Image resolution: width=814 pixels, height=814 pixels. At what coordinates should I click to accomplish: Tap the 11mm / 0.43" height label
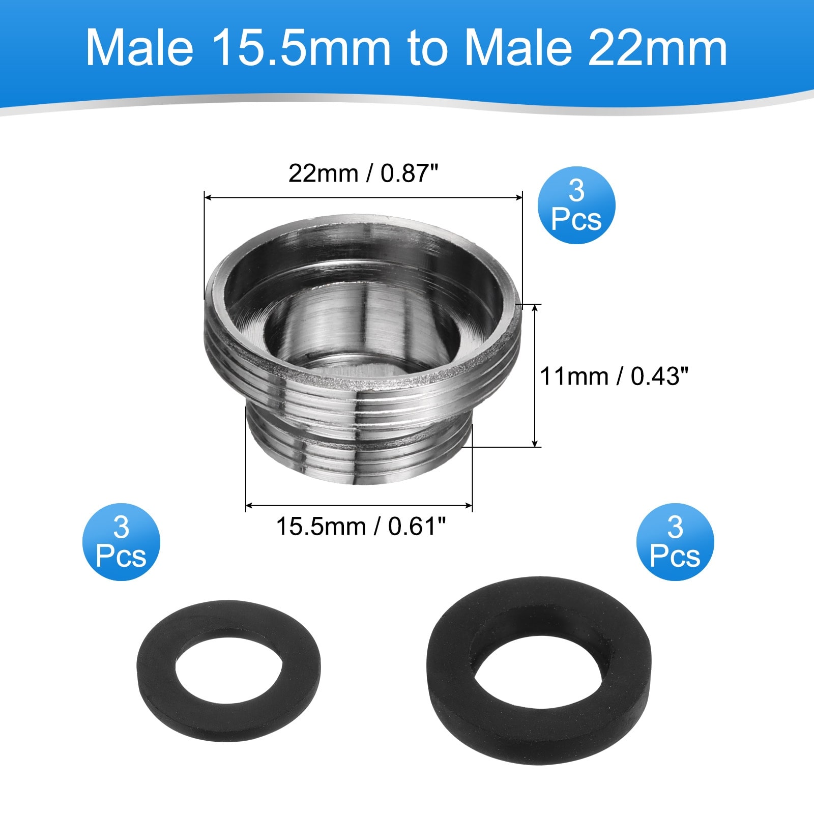coord(614,376)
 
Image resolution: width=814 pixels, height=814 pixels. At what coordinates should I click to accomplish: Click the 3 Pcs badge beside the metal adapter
coord(576,205)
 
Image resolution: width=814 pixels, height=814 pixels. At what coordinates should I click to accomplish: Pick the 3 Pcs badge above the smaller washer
coord(121,542)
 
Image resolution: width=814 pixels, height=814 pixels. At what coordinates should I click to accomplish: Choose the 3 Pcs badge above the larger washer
coord(675,542)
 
